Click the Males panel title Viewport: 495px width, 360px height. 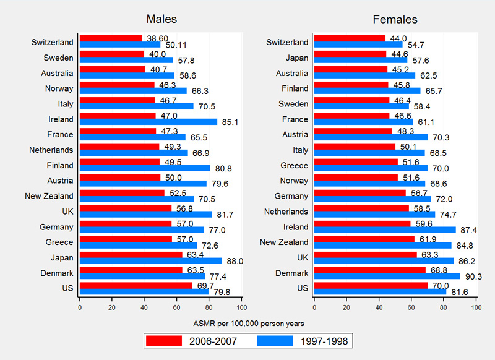coord(161,19)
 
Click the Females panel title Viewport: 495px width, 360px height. coord(395,19)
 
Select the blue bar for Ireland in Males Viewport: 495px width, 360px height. coord(148,122)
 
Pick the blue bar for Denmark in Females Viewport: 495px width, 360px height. coord(387,276)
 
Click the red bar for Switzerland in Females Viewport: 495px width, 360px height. coord(350,39)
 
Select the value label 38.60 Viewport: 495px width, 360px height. coord(155,38)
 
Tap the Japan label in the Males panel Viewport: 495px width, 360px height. coord(61,257)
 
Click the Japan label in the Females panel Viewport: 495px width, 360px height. coord(295,58)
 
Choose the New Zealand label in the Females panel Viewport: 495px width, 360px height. coord(284,242)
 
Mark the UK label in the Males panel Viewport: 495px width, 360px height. coord(67,211)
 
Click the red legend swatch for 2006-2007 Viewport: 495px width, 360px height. coord(164,340)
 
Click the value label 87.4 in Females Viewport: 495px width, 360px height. coord(467,229)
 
